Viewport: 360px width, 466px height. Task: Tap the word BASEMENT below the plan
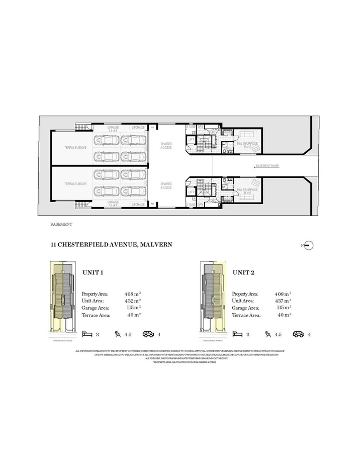[62, 224]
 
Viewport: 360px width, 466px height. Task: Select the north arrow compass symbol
[309, 245]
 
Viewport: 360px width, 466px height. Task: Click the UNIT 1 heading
[93, 272]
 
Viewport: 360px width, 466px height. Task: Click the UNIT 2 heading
[243, 272]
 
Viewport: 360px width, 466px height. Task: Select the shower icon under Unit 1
[118, 333]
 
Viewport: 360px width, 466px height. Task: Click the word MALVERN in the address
[157, 245]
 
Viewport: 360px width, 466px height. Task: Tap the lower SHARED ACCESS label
[166, 185]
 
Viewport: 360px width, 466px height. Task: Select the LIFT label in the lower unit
[191, 192]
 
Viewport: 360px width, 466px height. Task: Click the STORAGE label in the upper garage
[138, 128]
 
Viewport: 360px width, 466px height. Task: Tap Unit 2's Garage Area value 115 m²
[283, 308]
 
